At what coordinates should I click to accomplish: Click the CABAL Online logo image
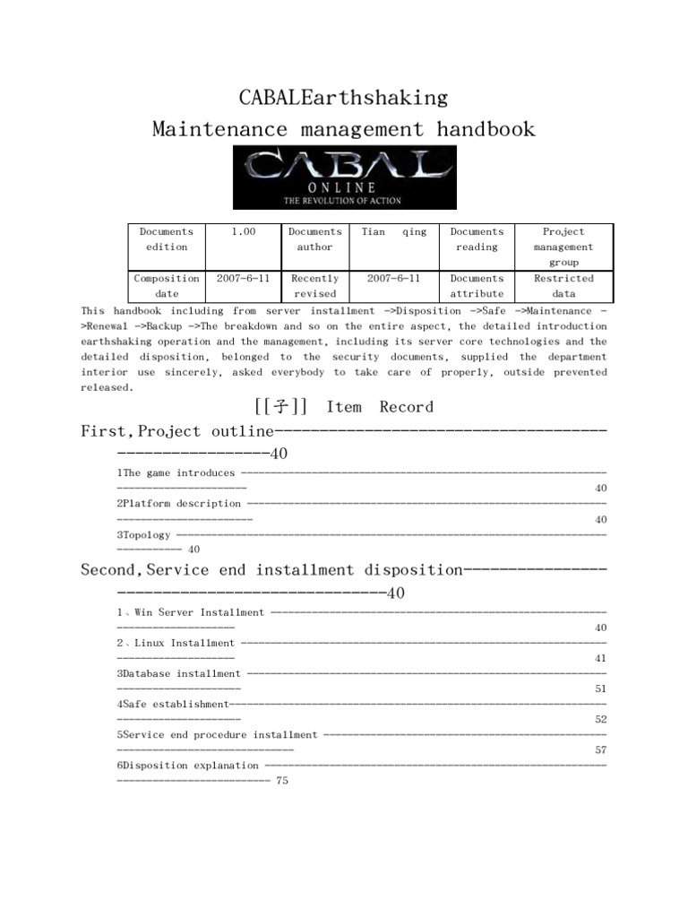click(344, 178)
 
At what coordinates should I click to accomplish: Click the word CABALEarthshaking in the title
click(344, 96)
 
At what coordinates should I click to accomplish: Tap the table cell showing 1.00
click(244, 231)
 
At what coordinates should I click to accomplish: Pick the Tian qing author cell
click(393, 231)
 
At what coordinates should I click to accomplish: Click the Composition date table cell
click(167, 286)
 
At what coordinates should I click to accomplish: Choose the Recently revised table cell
click(314, 286)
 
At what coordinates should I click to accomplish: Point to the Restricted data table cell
click(563, 286)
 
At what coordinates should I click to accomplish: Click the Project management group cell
click(563, 247)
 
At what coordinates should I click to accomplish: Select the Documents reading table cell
click(477, 239)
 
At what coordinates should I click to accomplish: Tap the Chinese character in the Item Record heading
click(283, 407)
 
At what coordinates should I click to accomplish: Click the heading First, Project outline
click(176, 432)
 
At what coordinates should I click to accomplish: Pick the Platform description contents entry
click(179, 504)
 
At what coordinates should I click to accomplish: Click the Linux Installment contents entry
click(176, 643)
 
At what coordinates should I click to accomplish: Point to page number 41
click(601, 658)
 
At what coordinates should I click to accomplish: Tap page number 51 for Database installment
click(601, 688)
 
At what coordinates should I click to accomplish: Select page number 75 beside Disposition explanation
click(283, 781)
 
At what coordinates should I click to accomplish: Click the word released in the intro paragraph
click(107, 387)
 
